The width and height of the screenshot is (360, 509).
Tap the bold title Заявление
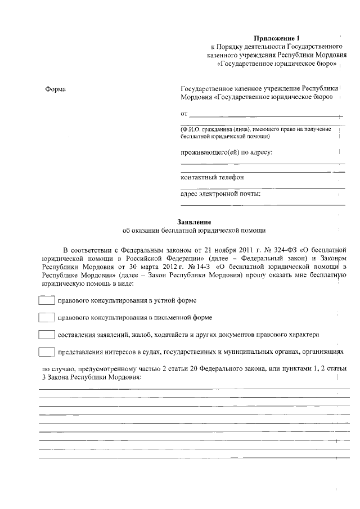tap(193, 222)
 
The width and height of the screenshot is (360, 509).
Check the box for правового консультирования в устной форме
tap(46, 301)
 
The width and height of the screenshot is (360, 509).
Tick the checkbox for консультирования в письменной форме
tap(46, 318)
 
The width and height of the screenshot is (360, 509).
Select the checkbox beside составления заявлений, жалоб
tap(46, 335)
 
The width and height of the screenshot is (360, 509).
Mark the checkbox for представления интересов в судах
tap(46, 352)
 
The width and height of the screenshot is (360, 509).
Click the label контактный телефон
tap(212, 177)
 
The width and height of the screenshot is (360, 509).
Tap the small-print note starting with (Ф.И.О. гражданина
tap(255, 133)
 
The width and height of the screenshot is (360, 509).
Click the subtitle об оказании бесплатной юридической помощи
tap(193, 231)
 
